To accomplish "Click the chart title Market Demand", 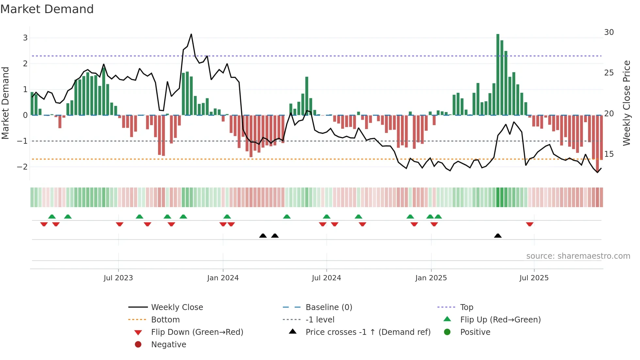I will click(47, 9).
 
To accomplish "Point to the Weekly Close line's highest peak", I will click(191, 34).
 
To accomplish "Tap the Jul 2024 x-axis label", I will click(326, 278).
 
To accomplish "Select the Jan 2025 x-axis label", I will click(431, 278).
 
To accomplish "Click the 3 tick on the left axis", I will click(25, 38).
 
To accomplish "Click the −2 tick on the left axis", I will click(23, 167).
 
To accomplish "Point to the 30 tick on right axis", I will click(609, 32).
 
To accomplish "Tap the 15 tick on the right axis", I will click(609, 154).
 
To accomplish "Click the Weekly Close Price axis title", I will click(627, 103).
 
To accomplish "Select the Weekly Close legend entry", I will click(177, 307).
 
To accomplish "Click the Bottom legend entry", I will click(165, 320).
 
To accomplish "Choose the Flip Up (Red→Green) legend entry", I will click(500, 320).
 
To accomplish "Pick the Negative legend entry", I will click(168, 345).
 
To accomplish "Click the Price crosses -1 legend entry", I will click(368, 332).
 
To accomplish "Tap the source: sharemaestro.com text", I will click(578, 256).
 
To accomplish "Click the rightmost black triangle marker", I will click(498, 236).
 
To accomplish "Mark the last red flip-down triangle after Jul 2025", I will click(530, 224).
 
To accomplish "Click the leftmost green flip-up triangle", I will click(52, 217).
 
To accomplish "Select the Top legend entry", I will click(467, 307).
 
